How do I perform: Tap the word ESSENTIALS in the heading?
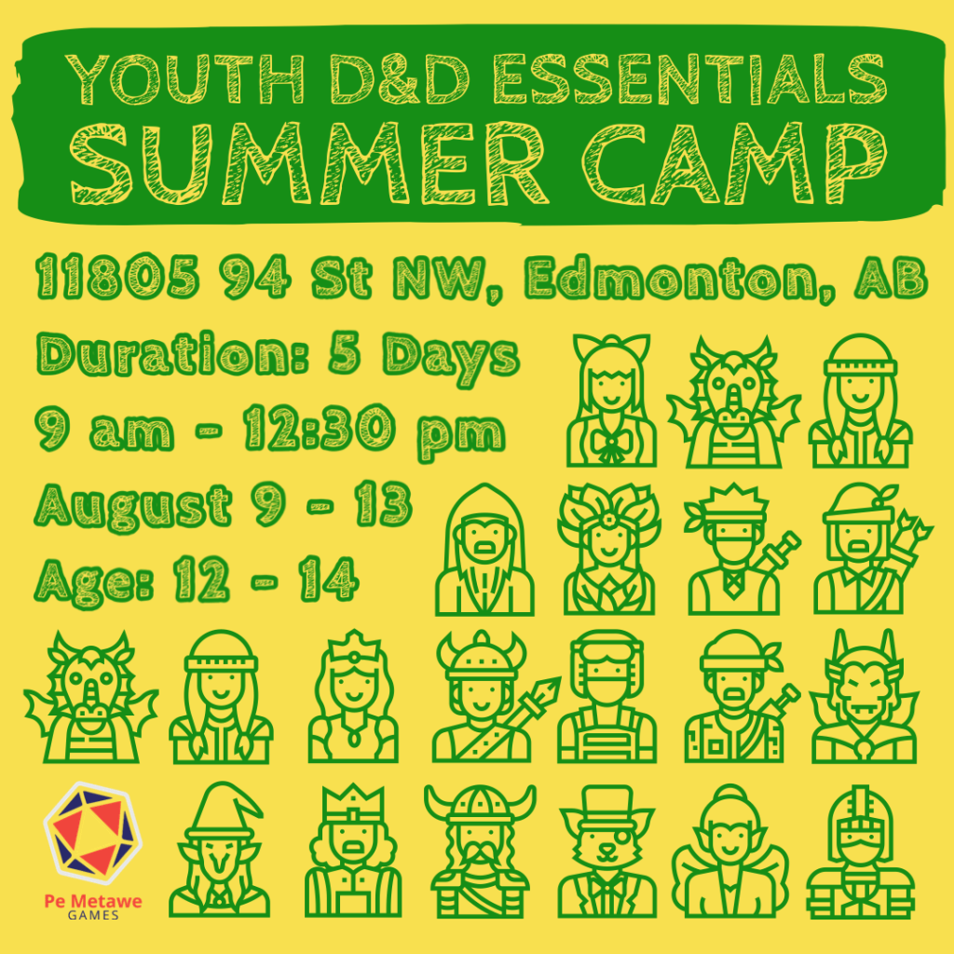(x=689, y=78)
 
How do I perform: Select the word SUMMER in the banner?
(x=308, y=163)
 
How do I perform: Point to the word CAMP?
(x=735, y=163)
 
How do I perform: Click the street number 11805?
(x=117, y=278)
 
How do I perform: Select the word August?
(x=133, y=506)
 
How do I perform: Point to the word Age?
(x=94, y=581)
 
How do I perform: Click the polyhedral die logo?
(x=93, y=832)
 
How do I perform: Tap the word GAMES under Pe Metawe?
(x=93, y=915)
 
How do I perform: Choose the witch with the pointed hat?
(x=220, y=850)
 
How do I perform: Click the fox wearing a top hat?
(x=607, y=851)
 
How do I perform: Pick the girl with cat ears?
(x=611, y=401)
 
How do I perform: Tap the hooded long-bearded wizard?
(x=484, y=550)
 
